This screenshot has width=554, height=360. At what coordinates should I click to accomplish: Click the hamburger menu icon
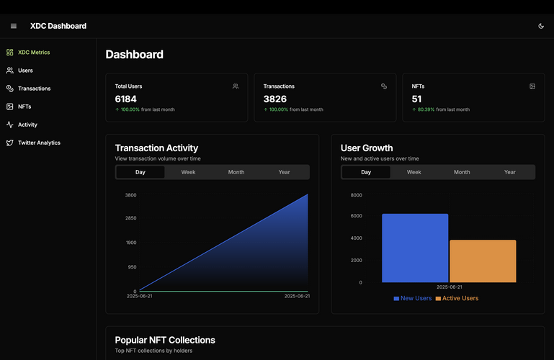click(14, 26)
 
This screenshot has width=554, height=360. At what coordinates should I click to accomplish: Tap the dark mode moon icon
click(541, 26)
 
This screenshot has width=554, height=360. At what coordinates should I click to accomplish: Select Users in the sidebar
click(25, 71)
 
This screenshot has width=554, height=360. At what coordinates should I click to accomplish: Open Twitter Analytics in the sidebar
click(39, 143)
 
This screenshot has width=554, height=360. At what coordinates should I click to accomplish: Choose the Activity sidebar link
click(27, 125)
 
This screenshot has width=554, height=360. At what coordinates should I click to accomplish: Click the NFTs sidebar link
click(24, 107)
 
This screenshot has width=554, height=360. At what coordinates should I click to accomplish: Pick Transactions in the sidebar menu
click(34, 89)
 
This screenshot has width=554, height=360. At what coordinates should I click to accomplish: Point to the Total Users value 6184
click(126, 99)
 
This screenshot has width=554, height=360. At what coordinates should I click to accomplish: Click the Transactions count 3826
click(275, 99)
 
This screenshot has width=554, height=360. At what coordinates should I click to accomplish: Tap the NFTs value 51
click(417, 99)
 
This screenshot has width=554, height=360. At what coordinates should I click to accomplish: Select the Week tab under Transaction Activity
click(188, 172)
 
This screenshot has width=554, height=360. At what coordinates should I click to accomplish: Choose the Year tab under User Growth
click(510, 172)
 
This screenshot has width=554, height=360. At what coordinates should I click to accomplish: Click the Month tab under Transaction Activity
click(236, 172)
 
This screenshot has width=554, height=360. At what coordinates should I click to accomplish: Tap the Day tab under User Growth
click(366, 172)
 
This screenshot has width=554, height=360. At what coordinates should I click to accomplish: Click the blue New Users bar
click(415, 248)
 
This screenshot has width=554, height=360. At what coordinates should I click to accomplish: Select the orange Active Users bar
click(483, 261)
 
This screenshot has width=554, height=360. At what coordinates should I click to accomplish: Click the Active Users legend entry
click(457, 298)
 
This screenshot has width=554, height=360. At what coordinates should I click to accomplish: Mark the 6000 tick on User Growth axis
click(356, 216)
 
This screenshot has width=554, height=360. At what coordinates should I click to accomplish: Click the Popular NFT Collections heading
click(165, 340)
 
